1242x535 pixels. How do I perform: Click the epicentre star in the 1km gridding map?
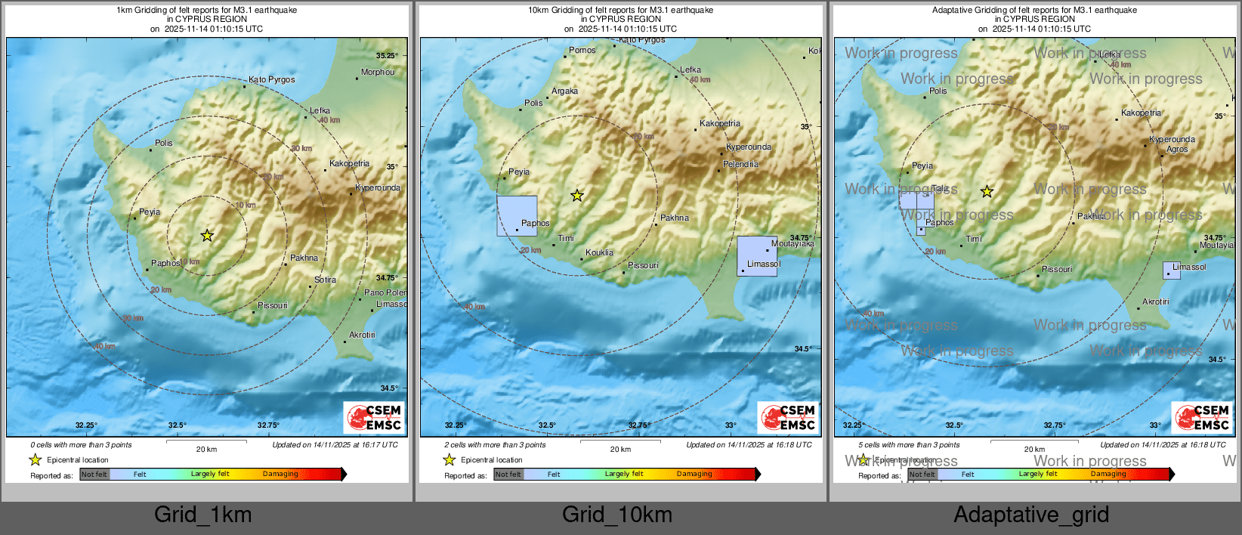tap(207, 236)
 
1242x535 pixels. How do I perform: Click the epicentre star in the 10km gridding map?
tap(577, 196)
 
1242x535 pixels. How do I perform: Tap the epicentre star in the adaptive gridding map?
tap(987, 192)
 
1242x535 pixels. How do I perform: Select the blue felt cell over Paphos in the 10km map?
tap(517, 215)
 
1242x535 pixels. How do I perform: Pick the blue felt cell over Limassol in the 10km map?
tap(756, 255)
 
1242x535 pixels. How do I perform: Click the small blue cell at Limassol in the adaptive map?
tap(1171, 271)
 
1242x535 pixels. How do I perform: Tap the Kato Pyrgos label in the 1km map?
tap(271, 79)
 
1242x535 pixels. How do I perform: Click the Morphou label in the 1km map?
tap(377, 73)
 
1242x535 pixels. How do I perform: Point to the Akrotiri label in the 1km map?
tap(362, 335)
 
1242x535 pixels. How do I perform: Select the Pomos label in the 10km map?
tap(582, 51)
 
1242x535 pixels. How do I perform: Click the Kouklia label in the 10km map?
tap(599, 253)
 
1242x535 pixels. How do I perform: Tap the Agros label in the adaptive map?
tap(1177, 150)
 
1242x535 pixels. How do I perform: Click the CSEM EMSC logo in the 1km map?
tap(375, 417)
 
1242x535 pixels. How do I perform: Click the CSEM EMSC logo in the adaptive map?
tap(1203, 417)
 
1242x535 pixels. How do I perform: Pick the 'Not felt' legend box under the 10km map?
tap(508, 475)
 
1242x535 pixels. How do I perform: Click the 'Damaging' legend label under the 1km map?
tap(280, 475)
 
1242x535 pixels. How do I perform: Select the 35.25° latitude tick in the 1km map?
tap(387, 56)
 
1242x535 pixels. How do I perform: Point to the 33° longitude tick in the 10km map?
tap(731, 425)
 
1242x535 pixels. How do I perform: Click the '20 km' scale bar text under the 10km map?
tap(620, 450)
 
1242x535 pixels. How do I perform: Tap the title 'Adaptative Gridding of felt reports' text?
tap(1033, 11)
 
